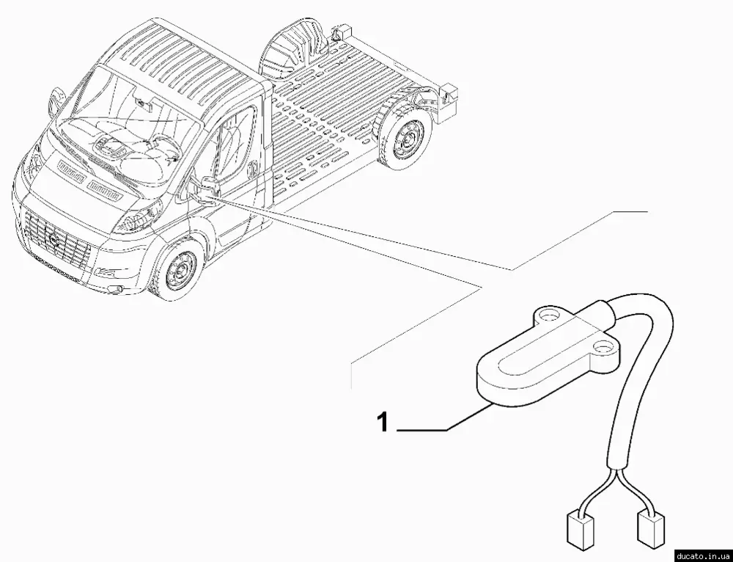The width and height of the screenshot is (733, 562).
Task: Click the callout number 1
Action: [383, 422]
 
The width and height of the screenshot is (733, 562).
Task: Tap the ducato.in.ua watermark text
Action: [704, 556]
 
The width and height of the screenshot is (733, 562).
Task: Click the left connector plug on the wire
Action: [580, 530]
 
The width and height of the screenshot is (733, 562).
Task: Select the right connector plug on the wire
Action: [651, 530]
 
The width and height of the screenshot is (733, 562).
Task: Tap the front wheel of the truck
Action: [179, 271]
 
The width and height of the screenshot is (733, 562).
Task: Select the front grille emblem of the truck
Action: [53, 239]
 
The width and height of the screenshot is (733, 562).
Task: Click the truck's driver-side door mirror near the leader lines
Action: [206, 186]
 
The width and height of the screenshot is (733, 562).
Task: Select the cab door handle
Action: [253, 169]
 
